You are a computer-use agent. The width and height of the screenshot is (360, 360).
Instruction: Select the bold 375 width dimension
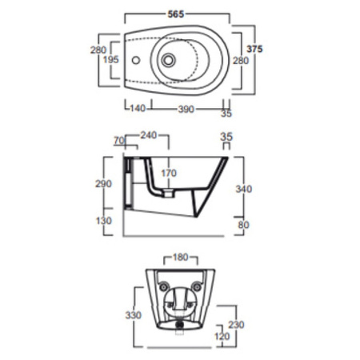(254, 49)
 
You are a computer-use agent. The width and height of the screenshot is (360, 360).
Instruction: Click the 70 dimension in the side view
(120, 140)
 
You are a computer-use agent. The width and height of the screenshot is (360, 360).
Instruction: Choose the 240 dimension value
(147, 136)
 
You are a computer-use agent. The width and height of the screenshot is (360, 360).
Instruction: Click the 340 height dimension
(244, 189)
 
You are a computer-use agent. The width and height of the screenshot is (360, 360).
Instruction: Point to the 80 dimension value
(243, 225)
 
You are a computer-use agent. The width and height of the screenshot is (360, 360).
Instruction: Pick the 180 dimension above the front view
(180, 258)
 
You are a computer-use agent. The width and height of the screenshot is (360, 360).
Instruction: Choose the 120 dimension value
(222, 337)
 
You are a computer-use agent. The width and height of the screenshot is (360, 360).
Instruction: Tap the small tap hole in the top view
(135, 60)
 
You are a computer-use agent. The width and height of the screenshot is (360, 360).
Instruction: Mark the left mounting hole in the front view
(163, 287)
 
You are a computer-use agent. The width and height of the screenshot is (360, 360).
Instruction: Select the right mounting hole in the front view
(196, 287)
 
